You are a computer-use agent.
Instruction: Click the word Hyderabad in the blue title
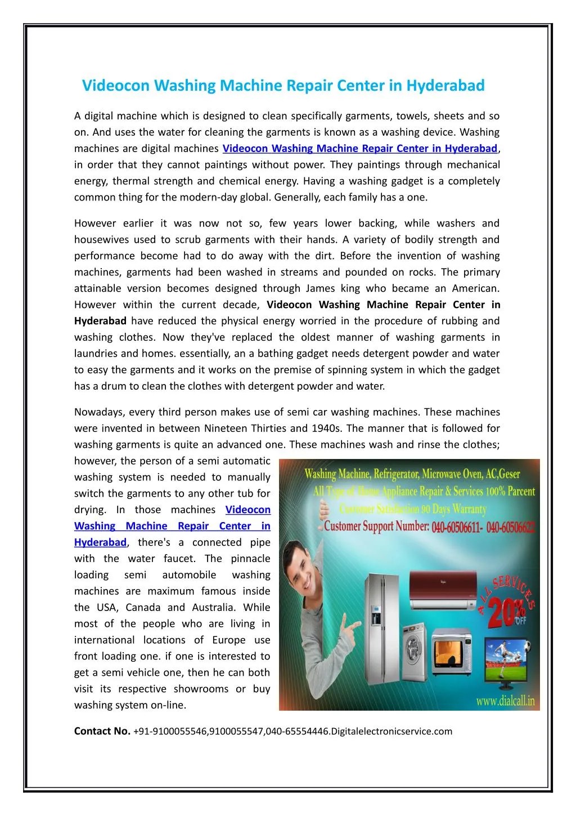tap(445, 86)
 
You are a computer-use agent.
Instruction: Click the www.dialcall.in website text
tap(505, 702)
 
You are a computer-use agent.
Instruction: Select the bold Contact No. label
tap(102, 731)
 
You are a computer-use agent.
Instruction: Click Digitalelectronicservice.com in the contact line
tap(391, 731)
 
